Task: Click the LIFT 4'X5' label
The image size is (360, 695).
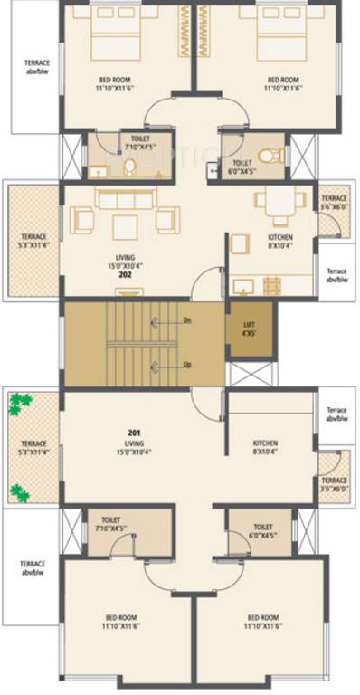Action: (248, 328)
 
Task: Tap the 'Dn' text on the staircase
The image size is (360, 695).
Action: (186, 320)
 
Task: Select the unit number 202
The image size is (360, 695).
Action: (125, 274)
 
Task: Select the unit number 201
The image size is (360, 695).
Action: (135, 433)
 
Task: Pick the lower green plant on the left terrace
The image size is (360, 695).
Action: (19, 491)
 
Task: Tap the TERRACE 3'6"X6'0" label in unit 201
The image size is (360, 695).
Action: (334, 485)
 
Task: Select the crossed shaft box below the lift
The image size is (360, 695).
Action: (249, 375)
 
